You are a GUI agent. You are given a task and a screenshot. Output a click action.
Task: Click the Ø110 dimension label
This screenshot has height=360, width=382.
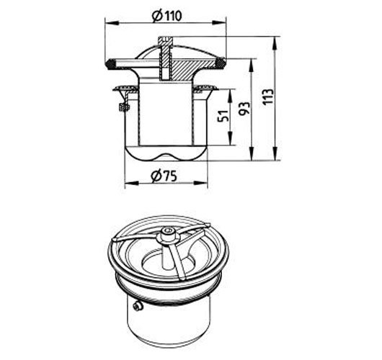click(166, 16)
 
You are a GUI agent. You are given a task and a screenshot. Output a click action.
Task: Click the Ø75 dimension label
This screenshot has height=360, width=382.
click(164, 176)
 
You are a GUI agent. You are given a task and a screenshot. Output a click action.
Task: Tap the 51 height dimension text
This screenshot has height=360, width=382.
click(223, 116)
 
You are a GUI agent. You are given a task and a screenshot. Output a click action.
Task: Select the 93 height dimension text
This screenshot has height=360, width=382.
click(244, 109)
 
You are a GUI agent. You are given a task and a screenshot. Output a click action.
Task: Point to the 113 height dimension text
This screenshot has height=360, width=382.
click(268, 97)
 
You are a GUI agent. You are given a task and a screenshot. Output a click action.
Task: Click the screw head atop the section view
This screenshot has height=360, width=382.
click(166, 39)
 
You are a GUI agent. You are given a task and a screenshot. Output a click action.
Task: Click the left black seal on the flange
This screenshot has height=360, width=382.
click(111, 64)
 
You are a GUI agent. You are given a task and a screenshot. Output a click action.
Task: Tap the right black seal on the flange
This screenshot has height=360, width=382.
click(221, 63)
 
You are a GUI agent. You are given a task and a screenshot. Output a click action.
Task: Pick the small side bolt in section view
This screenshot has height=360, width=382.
click(124, 107)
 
